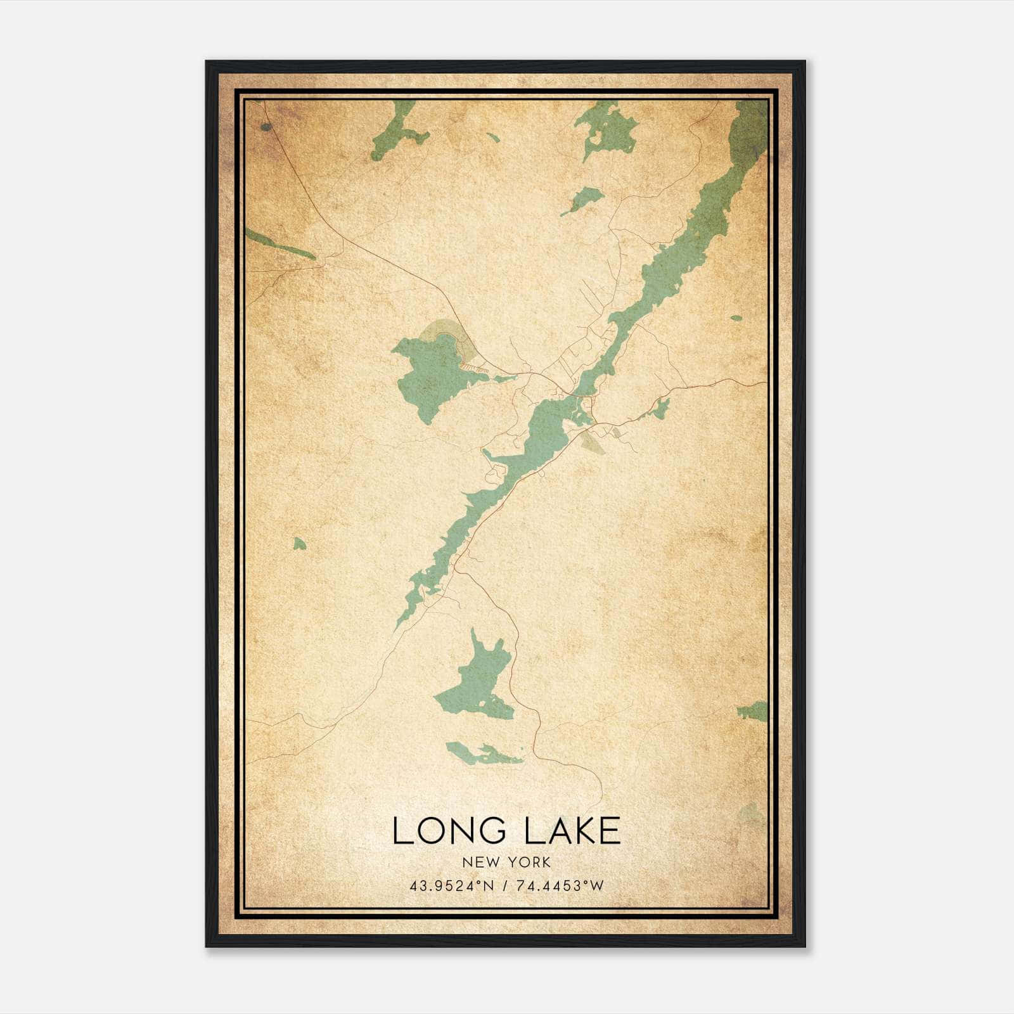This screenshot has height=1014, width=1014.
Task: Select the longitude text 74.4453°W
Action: pyautogui.click(x=561, y=886)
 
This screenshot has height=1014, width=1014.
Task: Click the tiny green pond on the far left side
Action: pyautogui.click(x=298, y=543)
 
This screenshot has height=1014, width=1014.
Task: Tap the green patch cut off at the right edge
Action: pyautogui.click(x=754, y=711)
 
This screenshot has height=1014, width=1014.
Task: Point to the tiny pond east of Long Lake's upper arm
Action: pyautogui.click(x=736, y=318)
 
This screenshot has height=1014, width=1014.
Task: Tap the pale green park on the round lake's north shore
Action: pyautogui.click(x=444, y=329)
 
